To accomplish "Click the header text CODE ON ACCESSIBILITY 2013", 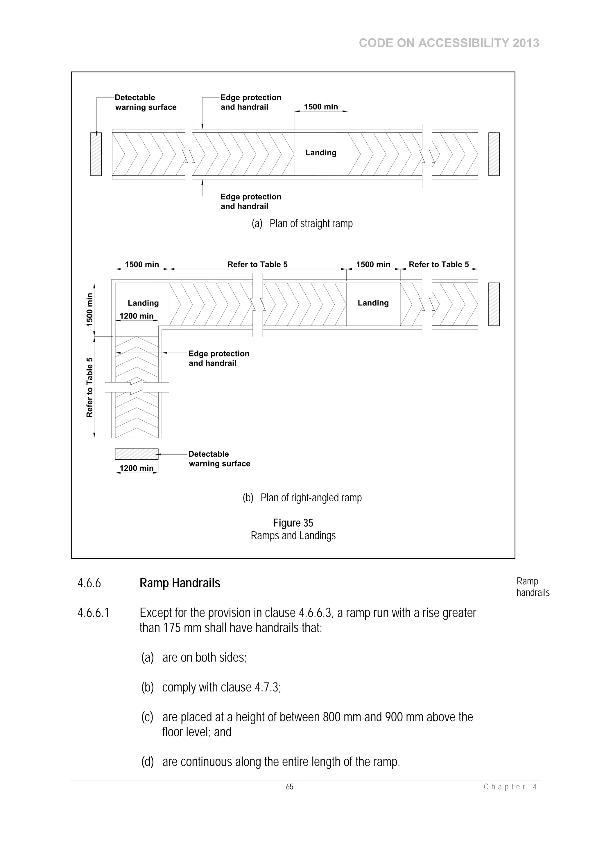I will (449, 43).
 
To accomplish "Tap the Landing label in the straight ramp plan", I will (321, 153).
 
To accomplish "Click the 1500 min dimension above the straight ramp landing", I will (321, 107).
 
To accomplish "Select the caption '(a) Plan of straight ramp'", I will (302, 224).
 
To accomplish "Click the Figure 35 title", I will (293, 523).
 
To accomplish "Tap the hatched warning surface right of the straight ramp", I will (494, 154).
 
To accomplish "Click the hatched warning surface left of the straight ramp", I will (96, 154).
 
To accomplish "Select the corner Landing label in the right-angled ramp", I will (143, 303).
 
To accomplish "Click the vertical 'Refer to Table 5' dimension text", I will (89, 387).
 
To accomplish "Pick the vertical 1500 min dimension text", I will (89, 309).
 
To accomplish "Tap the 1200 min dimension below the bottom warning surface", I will (136, 468).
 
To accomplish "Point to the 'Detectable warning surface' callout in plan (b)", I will (219, 459).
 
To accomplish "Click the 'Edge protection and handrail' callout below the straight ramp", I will (251, 201).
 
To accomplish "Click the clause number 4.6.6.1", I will (93, 613).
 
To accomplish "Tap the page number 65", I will (290, 787).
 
